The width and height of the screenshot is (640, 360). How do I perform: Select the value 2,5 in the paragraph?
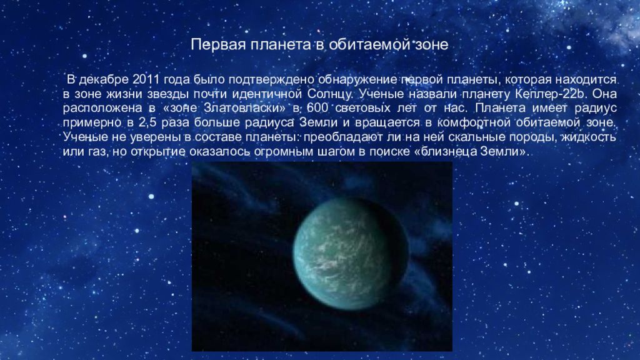167,122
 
